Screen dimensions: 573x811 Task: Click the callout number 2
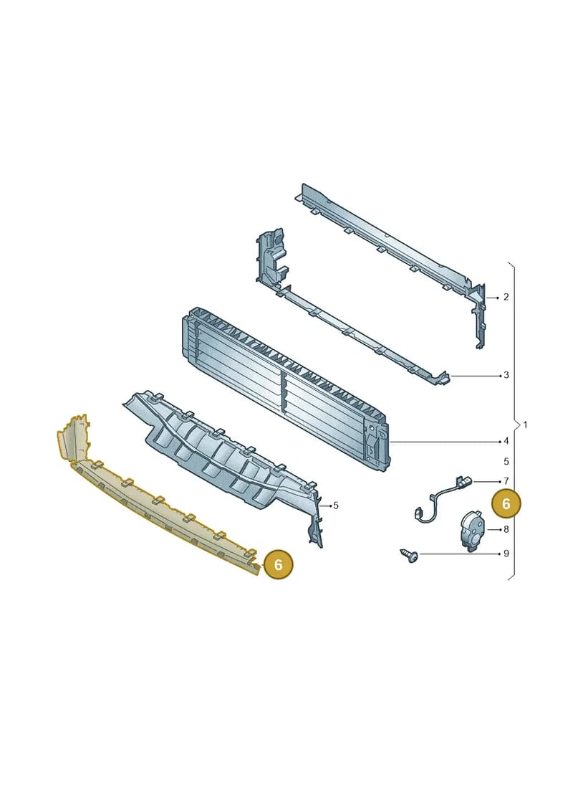(x=506, y=297)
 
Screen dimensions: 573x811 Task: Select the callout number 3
(x=506, y=374)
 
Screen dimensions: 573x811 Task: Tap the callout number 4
(x=506, y=441)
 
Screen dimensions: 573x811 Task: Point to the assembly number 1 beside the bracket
(x=526, y=425)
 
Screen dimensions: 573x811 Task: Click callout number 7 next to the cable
(x=506, y=481)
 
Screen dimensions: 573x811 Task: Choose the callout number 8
(x=506, y=529)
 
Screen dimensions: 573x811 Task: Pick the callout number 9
(x=506, y=554)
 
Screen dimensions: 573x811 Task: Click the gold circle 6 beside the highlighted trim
(x=278, y=564)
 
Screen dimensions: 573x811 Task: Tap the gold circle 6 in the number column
(x=506, y=503)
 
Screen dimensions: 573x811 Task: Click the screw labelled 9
(x=409, y=556)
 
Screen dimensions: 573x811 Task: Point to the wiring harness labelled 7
(x=443, y=498)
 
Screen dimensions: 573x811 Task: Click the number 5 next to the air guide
(x=336, y=506)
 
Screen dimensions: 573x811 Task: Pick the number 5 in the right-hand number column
(x=506, y=461)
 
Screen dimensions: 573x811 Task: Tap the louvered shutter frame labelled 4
(x=284, y=388)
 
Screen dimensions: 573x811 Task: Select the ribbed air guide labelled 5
(x=222, y=455)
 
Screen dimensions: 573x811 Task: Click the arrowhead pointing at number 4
(x=499, y=441)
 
